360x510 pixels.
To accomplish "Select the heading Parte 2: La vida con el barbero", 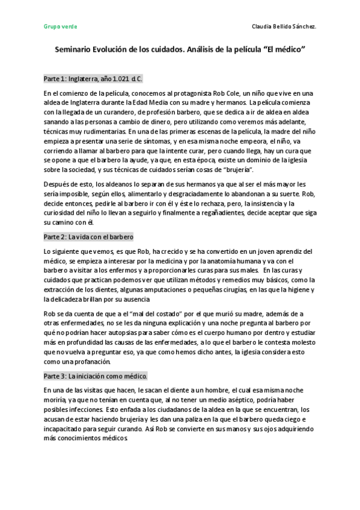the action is [x=88, y=237].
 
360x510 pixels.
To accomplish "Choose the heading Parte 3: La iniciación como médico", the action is [x=96, y=376].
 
